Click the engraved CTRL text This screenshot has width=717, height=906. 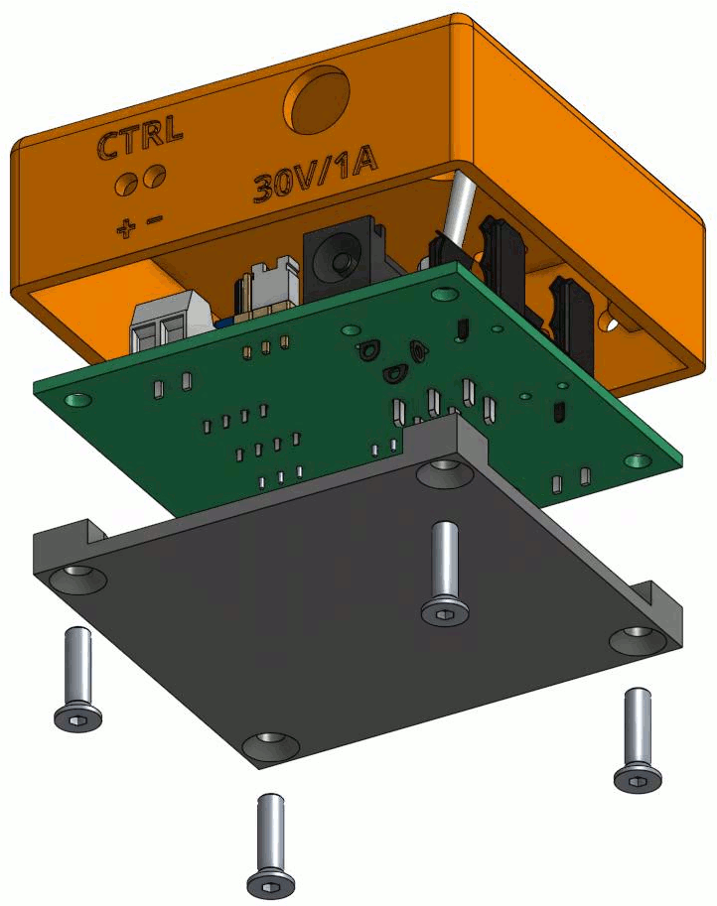pos(140,136)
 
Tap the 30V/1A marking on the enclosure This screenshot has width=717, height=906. pos(316,174)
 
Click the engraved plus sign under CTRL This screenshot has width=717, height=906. pos(125,229)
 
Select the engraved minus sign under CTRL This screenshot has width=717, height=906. pos(155,219)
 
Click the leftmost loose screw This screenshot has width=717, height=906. pos(78,679)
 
